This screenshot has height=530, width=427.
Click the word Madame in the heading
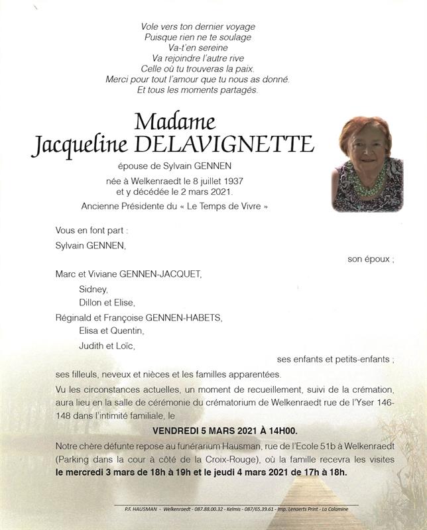[174, 122]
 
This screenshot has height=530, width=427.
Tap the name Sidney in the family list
[92, 288]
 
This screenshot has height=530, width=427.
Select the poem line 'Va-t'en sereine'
[198, 48]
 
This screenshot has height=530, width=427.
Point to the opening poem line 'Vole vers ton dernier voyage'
[198, 26]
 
